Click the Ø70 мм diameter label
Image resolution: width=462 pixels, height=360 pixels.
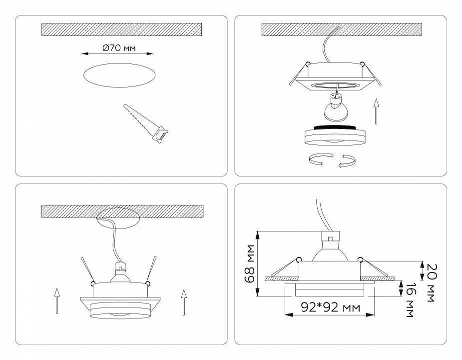pyautogui.click(x=119, y=49)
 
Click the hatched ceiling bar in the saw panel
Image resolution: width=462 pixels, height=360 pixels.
pyautogui.click(x=121, y=29)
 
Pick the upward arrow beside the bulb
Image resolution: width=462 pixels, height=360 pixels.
pyautogui.click(x=376, y=111)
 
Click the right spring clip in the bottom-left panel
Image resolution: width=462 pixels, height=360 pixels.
pyautogui.click(x=151, y=270)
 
